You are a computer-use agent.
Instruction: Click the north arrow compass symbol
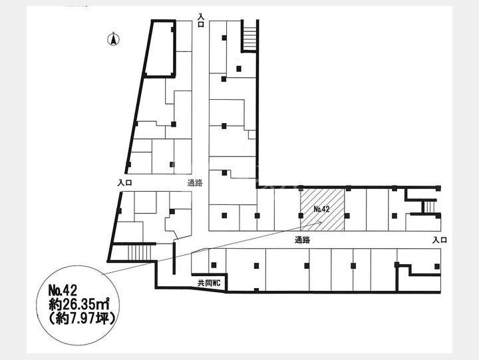pyautogui.click(x=113, y=39)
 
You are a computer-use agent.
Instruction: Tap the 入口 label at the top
pyautogui.click(x=201, y=20)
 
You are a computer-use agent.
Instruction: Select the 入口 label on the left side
pyautogui.click(x=124, y=183)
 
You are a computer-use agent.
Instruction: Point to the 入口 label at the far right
pyautogui.click(x=440, y=240)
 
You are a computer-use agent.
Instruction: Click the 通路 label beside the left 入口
pyautogui.click(x=195, y=183)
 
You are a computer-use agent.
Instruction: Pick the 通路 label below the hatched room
pyautogui.click(x=303, y=240)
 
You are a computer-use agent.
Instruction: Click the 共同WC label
pyautogui.click(x=209, y=283)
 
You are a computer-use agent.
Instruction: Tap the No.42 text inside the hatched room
pyautogui.click(x=321, y=209)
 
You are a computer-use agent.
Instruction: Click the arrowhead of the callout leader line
pyautogui.click(x=319, y=222)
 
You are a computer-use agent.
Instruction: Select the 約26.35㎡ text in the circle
pyautogui.click(x=79, y=305)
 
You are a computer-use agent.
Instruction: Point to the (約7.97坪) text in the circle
pyautogui.click(x=82, y=319)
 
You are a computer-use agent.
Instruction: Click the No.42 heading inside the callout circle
pyautogui.click(x=63, y=290)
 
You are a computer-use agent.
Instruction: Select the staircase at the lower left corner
pyautogui.click(x=139, y=252)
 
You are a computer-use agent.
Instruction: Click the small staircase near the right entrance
pyautogui.click(x=430, y=206)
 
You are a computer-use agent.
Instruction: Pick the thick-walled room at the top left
pyautogui.click(x=159, y=49)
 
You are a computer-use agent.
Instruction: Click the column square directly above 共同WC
pyautogui.click(x=214, y=266)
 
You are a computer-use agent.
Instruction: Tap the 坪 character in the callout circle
pyautogui.click(x=102, y=319)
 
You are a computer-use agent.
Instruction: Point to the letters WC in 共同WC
pyautogui.click(x=216, y=283)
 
